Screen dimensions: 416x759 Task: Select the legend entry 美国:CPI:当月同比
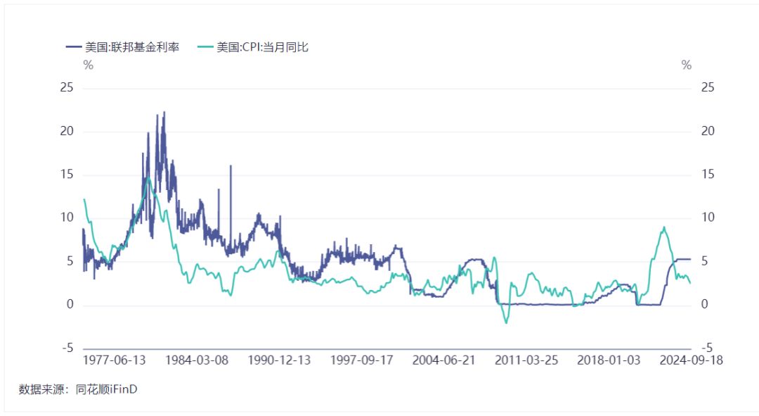(262, 48)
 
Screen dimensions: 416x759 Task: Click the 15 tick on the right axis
(707, 175)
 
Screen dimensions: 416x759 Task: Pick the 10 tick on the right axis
(707, 218)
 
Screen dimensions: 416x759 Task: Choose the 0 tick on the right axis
(704, 305)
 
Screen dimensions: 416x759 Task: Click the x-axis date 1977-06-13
(114, 360)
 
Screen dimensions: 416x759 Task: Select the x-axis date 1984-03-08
(195, 360)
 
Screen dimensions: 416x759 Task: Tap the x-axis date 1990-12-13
(278, 360)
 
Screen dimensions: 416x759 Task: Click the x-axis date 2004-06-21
(443, 360)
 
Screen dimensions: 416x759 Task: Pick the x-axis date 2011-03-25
(526, 360)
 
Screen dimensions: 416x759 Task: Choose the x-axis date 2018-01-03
(609, 360)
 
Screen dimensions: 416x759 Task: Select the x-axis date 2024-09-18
(691, 360)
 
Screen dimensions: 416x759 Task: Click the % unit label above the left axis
(88, 65)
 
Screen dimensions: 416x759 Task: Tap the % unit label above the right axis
(686, 65)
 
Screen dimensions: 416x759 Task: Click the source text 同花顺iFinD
(106, 389)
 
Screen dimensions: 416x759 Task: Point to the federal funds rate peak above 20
(164, 113)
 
